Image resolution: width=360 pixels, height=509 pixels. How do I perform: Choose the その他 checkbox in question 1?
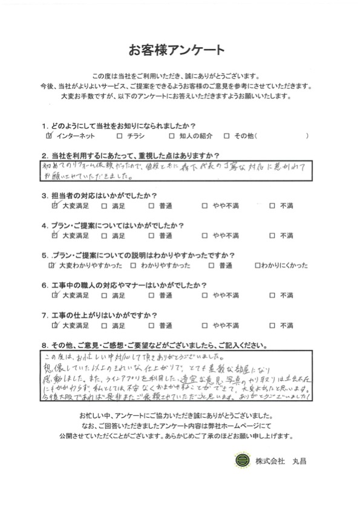(226, 136)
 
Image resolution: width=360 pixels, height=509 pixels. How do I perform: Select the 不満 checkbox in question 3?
(272, 206)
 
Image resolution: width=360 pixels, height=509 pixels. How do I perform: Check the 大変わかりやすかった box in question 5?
(51, 265)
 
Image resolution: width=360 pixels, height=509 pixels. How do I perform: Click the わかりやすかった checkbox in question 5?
(133, 265)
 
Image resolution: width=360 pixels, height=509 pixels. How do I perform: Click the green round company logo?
(240, 461)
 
